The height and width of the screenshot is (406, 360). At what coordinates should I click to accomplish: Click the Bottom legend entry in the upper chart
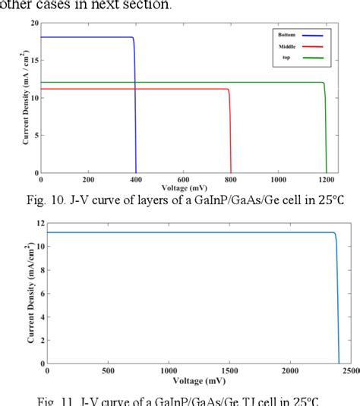pyautogui.click(x=285, y=35)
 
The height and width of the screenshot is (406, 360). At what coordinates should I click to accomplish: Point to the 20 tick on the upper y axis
pyautogui.click(x=33, y=24)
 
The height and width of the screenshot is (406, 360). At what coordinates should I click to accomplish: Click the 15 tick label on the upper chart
pyautogui.click(x=33, y=61)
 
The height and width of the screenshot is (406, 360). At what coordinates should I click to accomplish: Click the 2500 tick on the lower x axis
pyautogui.click(x=350, y=370)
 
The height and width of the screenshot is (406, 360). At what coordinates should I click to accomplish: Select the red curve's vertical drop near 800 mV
pyautogui.click(x=231, y=133)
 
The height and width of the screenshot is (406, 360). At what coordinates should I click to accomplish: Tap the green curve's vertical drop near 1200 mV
pyautogui.click(x=326, y=129)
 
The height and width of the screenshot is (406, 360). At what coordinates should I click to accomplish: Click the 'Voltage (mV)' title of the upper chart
pyautogui.click(x=185, y=187)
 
